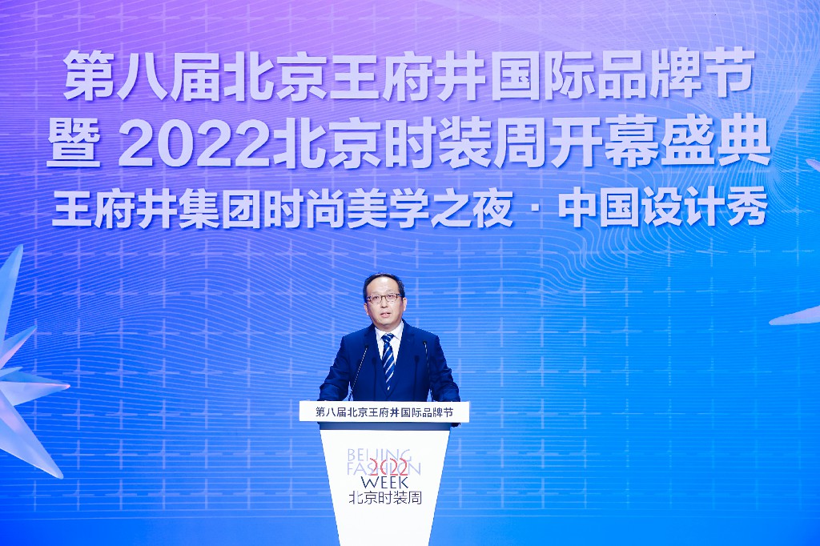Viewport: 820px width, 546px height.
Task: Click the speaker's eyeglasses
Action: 384,298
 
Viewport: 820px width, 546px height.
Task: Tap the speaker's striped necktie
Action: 388,361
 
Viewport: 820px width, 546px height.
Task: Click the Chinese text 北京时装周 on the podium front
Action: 385,497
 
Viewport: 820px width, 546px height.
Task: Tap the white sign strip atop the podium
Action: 384,412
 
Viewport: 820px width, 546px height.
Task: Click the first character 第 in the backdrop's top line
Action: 87,74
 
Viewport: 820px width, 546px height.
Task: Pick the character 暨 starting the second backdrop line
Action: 73,143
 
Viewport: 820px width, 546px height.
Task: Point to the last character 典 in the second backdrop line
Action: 744,141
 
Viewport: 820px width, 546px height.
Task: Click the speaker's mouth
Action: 384,315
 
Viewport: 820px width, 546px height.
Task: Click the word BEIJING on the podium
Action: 380,454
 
